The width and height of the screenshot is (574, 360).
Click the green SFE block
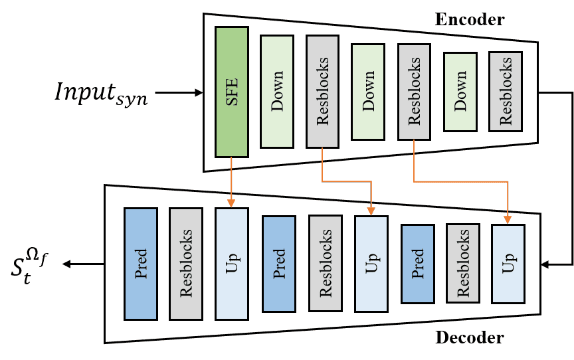click(232, 91)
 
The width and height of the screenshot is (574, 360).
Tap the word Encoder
click(469, 19)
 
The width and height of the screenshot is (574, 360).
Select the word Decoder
click(469, 337)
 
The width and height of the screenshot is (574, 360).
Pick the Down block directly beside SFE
click(277, 91)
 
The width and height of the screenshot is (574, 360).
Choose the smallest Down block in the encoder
click(460, 91)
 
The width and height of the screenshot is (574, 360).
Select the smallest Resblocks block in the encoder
click(506, 91)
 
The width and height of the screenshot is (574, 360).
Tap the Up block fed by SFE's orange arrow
click(232, 264)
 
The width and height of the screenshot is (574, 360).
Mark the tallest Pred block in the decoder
click(141, 264)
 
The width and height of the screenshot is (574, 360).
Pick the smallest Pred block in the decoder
click(418, 264)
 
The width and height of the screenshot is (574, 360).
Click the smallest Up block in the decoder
click(508, 264)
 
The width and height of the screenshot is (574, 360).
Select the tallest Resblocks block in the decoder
click(186, 264)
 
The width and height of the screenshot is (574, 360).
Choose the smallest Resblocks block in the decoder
click(463, 264)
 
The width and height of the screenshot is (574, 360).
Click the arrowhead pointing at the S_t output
click(67, 264)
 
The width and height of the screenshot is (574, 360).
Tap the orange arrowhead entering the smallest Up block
click(508, 220)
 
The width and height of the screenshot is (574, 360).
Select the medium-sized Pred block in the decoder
click(279, 264)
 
